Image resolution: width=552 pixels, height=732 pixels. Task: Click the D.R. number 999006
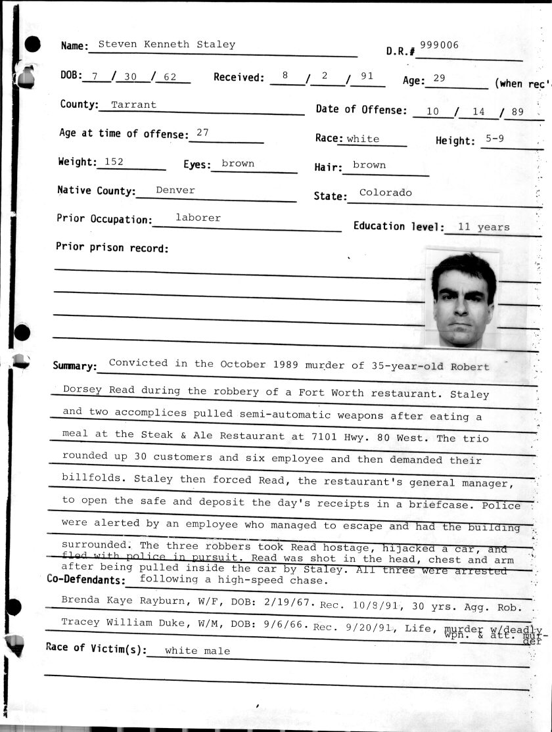[x=439, y=45]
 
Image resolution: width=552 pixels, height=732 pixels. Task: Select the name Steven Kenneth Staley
[x=166, y=45]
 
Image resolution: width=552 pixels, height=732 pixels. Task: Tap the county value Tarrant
[x=133, y=104]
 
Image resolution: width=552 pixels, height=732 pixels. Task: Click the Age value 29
[x=439, y=78]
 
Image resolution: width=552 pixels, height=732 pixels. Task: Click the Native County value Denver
[x=175, y=190]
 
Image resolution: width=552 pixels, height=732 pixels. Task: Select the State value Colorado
[x=386, y=193]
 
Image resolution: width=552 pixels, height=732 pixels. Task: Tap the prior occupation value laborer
[x=198, y=217]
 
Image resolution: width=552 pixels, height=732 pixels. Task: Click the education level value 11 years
[x=484, y=227]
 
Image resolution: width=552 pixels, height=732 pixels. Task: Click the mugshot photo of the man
[x=463, y=299]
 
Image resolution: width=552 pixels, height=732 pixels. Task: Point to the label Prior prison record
[x=112, y=248]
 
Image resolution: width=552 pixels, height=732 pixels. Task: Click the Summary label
[x=75, y=366]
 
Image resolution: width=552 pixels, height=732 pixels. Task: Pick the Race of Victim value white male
[x=197, y=651]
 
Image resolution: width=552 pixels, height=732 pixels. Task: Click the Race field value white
[x=363, y=139]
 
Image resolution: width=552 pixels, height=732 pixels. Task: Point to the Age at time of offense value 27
[x=202, y=132]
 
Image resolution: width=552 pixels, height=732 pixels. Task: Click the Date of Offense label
[x=361, y=110]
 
